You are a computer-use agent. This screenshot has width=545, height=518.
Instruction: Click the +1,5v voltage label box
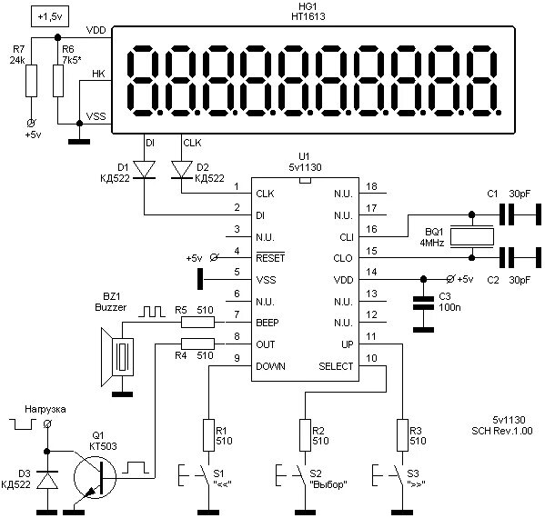(x=50, y=16)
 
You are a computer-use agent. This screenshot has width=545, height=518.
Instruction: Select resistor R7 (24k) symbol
(x=31, y=81)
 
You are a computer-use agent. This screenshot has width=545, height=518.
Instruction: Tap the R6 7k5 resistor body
(x=58, y=81)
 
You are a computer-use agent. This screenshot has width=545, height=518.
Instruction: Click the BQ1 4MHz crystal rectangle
(x=471, y=236)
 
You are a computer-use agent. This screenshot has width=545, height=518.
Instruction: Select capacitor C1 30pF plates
(x=507, y=214)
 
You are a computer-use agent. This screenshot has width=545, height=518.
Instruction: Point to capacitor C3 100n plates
(x=423, y=304)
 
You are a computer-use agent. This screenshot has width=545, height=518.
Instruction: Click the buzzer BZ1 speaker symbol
(x=117, y=357)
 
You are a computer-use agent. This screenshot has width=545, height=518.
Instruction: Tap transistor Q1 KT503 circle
(x=95, y=477)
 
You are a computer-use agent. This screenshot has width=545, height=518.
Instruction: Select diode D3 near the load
(x=47, y=480)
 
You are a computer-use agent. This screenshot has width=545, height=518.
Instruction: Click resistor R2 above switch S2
(x=305, y=435)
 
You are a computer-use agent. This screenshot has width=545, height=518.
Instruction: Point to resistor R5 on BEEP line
(x=197, y=323)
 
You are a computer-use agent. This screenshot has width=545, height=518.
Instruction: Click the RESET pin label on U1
(x=270, y=257)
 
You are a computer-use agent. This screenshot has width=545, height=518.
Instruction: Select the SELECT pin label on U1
(x=336, y=366)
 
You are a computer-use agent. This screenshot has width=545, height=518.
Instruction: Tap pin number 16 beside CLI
(x=371, y=229)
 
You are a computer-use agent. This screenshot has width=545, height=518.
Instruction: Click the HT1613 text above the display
(x=308, y=16)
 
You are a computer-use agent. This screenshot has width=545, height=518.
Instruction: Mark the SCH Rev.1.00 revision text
(x=501, y=431)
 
